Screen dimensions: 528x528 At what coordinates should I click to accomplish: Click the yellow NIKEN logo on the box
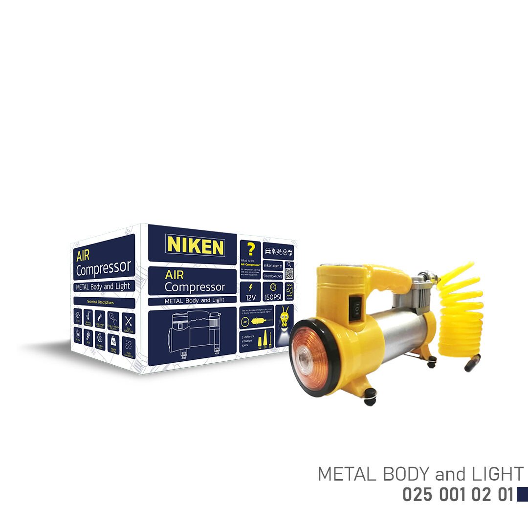pos(195,246)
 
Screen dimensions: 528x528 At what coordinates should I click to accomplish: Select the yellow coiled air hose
pos(460,312)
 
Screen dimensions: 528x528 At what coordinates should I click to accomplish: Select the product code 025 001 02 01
pos(458,495)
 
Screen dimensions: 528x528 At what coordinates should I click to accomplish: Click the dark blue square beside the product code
pos(522,494)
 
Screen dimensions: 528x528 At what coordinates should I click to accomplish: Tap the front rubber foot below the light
pos(370,396)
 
